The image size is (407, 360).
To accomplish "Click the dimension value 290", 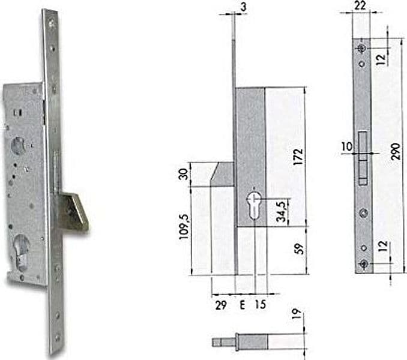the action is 396,151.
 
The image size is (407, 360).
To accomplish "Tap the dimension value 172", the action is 298,157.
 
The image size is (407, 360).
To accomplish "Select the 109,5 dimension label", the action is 184,227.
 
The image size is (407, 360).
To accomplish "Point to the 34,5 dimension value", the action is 282,211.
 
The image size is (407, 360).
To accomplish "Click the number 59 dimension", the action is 300,249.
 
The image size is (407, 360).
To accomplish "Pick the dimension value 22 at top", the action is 360,5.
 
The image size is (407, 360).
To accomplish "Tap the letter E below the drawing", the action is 242,305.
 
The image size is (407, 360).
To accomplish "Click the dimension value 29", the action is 221,305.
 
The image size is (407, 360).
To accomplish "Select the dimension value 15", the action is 260,304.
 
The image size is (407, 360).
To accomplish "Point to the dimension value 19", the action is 297,314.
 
